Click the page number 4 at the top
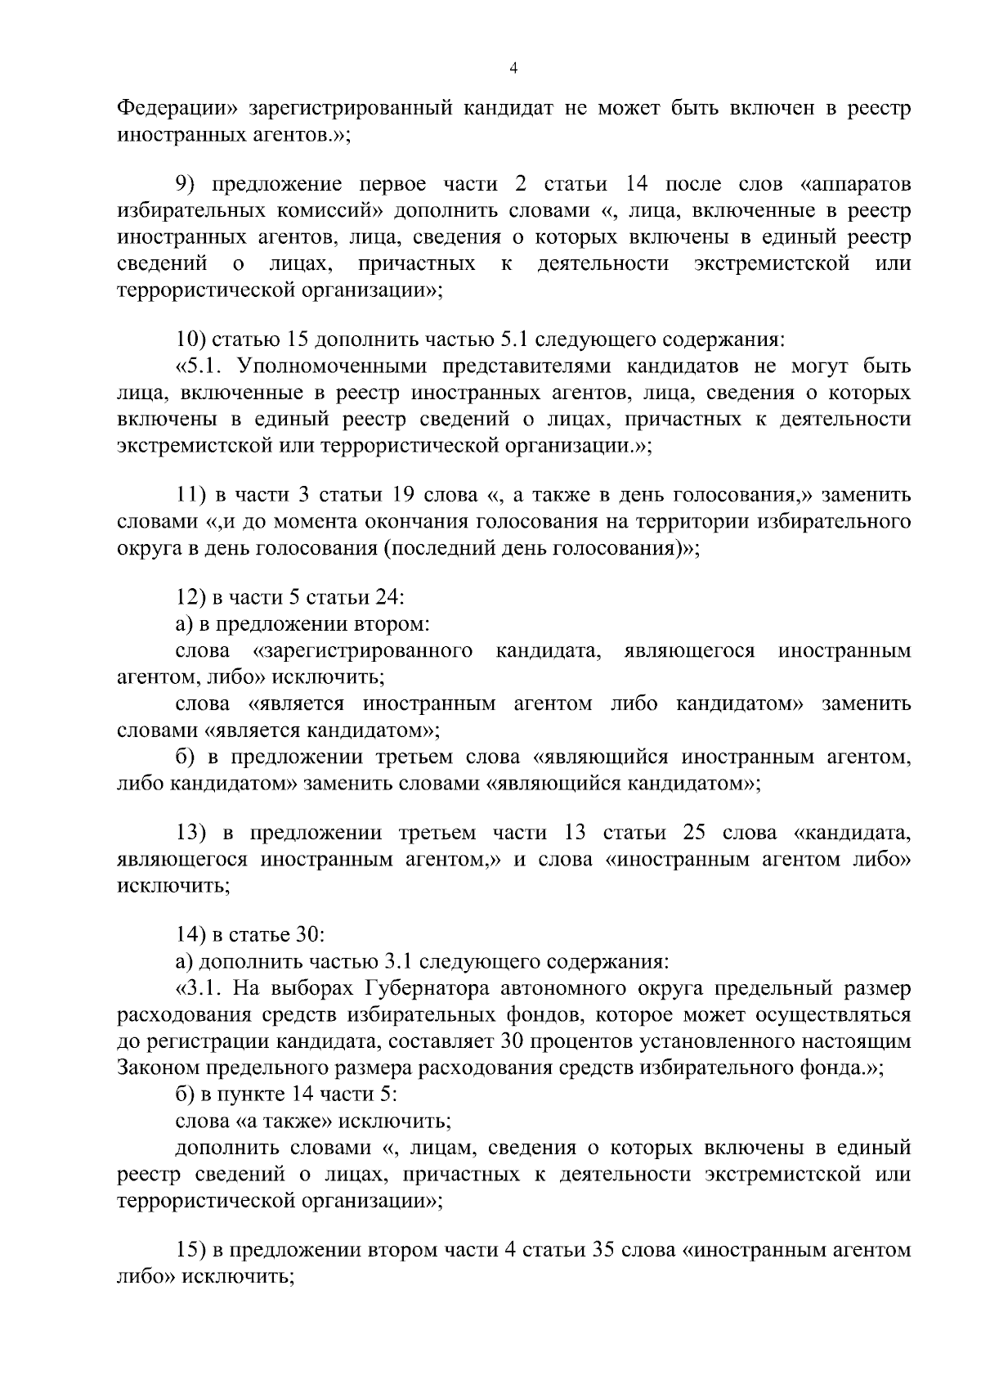tap(513, 70)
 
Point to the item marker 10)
tap(194, 339)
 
